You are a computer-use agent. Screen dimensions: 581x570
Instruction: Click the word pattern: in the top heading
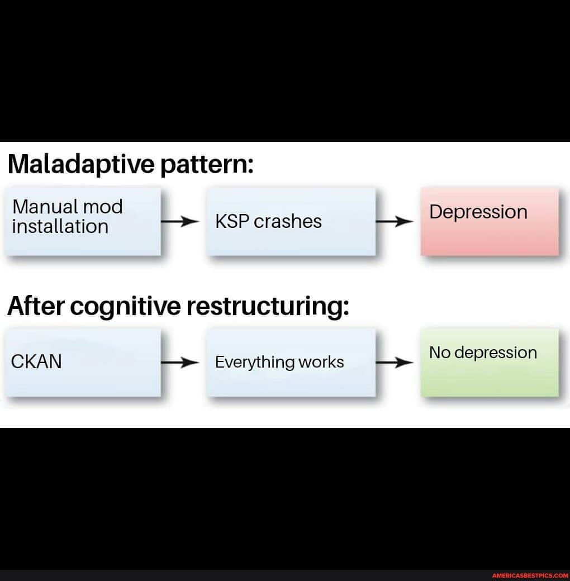point(207,164)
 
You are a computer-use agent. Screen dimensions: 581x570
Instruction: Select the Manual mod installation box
point(83,221)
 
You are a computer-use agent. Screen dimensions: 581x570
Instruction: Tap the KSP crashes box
point(290,221)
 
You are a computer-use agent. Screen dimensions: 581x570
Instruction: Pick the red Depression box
point(489,221)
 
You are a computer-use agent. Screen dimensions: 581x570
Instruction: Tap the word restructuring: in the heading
point(268,306)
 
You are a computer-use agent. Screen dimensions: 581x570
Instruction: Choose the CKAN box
point(83,362)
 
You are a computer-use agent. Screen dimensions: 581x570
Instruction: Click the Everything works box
point(290,362)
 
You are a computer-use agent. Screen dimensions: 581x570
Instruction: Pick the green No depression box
point(489,362)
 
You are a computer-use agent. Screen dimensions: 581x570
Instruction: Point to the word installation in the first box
point(60,227)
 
